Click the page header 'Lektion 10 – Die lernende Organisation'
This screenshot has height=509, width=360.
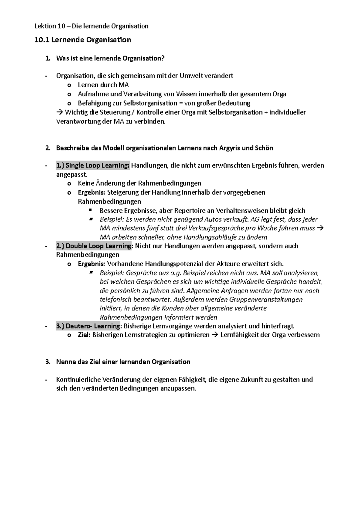click(91, 26)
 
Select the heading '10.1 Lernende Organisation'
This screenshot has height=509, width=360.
click(83, 40)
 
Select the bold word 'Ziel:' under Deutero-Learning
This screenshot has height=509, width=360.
click(84, 335)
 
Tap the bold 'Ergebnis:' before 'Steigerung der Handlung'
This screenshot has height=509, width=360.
click(91, 192)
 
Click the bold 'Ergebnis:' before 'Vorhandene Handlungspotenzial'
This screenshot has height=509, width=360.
click(91, 264)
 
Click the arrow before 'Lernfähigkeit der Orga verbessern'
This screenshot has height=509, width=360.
click(215, 335)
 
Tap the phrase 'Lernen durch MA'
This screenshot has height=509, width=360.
click(103, 85)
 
